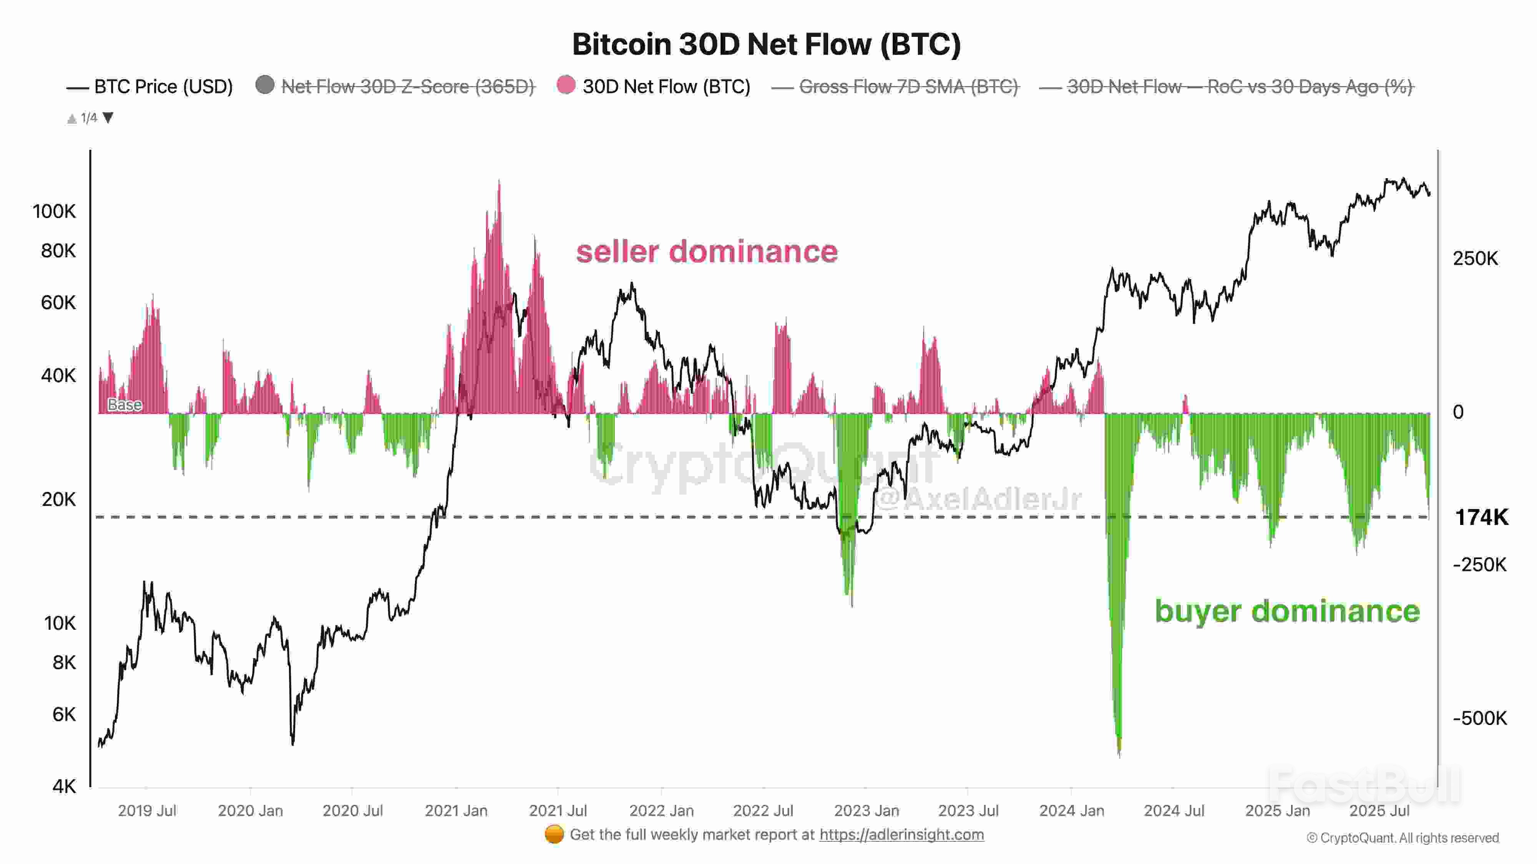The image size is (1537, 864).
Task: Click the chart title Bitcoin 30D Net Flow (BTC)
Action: pyautogui.click(x=766, y=45)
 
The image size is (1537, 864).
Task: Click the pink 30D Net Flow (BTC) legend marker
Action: pyautogui.click(x=566, y=85)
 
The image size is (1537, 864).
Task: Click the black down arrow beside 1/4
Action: pyautogui.click(x=108, y=118)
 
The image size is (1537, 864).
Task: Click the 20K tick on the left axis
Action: pyautogui.click(x=58, y=499)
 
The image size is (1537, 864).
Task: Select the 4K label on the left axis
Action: pyautogui.click(x=64, y=786)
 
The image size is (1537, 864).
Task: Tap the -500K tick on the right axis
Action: pyautogui.click(x=1479, y=718)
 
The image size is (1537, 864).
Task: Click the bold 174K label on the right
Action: pyautogui.click(x=1481, y=517)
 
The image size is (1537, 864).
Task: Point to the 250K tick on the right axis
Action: pyautogui.click(x=1475, y=259)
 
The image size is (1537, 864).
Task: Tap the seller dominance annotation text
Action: pyautogui.click(x=707, y=251)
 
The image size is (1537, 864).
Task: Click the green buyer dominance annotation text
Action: pyautogui.click(x=1287, y=611)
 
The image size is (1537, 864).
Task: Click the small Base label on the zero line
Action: pyautogui.click(x=125, y=405)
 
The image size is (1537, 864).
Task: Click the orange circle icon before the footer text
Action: pyautogui.click(x=554, y=834)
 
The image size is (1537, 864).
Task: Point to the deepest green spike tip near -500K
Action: pyautogui.click(x=1119, y=753)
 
